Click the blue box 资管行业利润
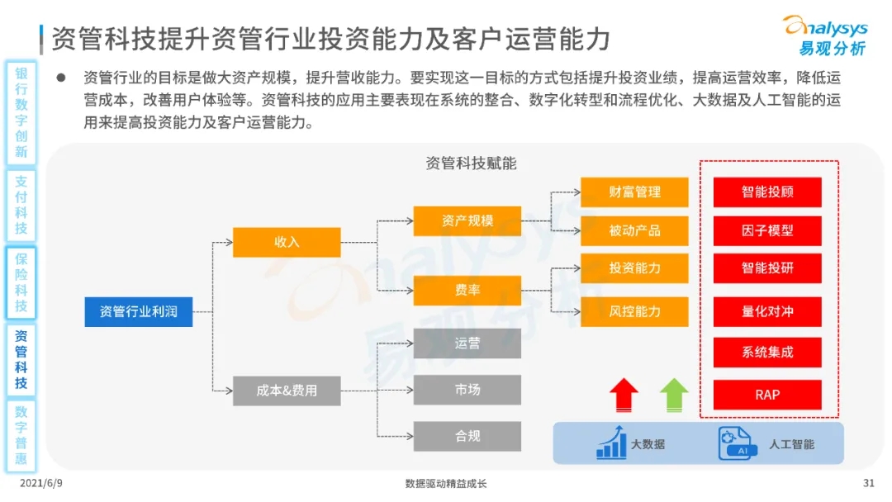pos(138,311)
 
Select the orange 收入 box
pos(287,242)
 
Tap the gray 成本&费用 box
pos(287,390)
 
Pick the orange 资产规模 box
pos(467,220)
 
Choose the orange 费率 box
pos(467,291)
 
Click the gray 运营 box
pos(467,343)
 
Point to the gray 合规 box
pos(467,436)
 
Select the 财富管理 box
pos(634,192)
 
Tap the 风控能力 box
pos(634,311)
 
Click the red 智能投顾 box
pos(767,192)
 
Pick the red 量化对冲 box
pos(767,311)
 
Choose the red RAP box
pos(767,395)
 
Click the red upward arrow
pos(624,394)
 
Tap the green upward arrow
pos(674,394)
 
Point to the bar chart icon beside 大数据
pos(611,443)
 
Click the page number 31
pos(868,483)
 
